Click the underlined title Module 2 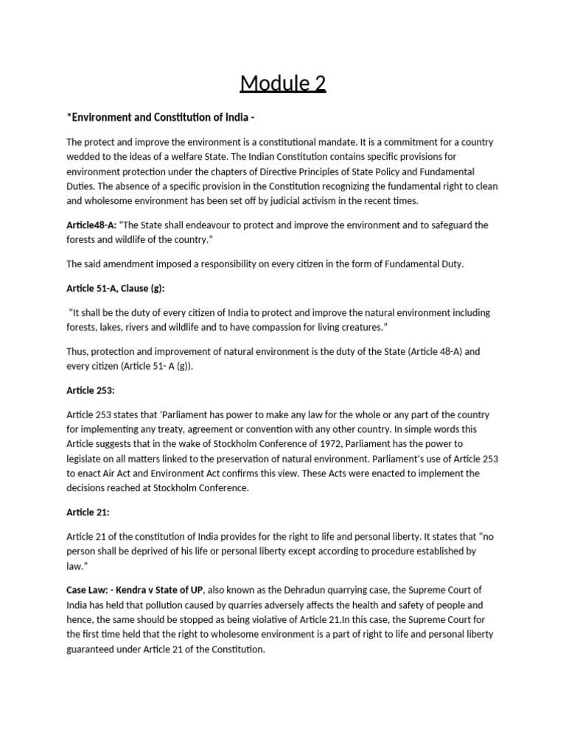[x=283, y=83]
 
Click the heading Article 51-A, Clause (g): [x=120, y=288]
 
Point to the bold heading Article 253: [x=91, y=390]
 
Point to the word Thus [x=77, y=351]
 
